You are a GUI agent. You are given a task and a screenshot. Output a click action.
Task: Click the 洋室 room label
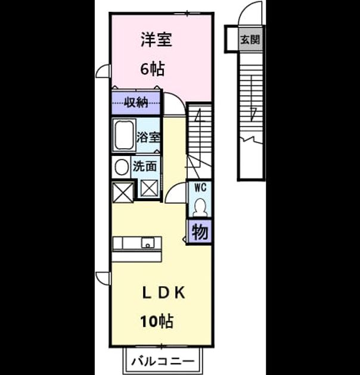pyautogui.click(x=156, y=40)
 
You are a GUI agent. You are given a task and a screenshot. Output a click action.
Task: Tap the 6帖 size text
pyautogui.click(x=153, y=69)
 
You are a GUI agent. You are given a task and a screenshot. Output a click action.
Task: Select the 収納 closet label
pyautogui.click(x=135, y=103)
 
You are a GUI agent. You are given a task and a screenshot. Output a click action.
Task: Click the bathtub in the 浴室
pyautogui.click(x=124, y=135)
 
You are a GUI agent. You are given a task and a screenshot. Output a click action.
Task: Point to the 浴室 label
pyautogui.click(x=148, y=137)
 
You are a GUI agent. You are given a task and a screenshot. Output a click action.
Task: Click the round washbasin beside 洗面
pyautogui.click(x=122, y=167)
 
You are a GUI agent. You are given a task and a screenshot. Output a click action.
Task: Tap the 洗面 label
pyautogui.click(x=145, y=166)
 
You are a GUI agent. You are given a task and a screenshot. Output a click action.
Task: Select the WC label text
pyautogui.click(x=200, y=187)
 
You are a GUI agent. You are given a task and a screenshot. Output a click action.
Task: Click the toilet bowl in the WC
pyautogui.click(x=200, y=207)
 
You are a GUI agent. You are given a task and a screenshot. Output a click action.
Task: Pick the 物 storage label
pyautogui.click(x=200, y=232)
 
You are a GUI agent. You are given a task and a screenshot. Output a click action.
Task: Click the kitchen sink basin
pyautogui.click(x=148, y=243)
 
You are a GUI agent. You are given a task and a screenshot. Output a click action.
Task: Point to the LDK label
pyautogui.click(x=164, y=293)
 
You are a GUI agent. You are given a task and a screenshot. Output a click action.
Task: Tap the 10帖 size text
pyautogui.click(x=157, y=321)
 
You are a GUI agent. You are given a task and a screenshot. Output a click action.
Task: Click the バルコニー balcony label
pyautogui.click(x=163, y=361)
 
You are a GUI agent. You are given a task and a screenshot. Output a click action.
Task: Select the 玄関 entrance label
pyautogui.click(x=250, y=39)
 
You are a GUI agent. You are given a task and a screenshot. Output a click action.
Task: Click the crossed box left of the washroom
pyautogui.click(x=123, y=192)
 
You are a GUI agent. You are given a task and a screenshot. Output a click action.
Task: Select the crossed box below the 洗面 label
pyautogui.click(x=149, y=188)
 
